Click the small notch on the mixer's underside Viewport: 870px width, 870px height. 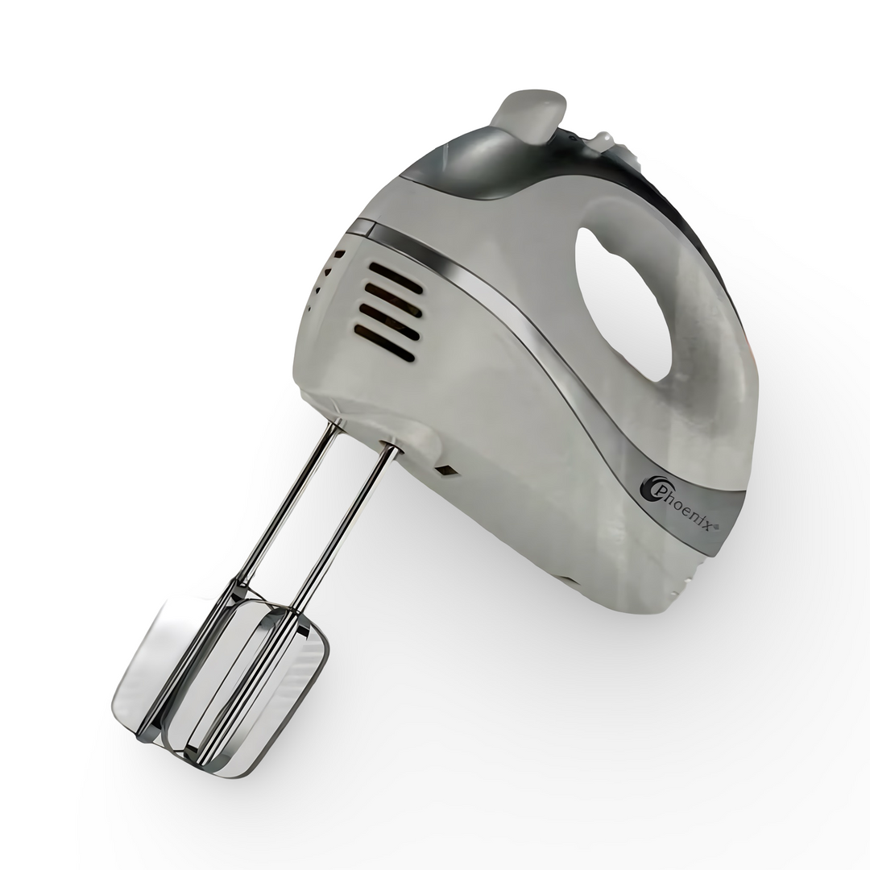[x=567, y=578]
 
